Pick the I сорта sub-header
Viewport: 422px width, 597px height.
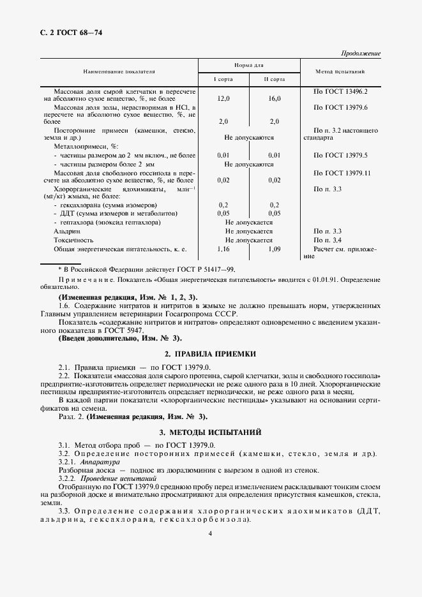pyautogui.click(x=223, y=79)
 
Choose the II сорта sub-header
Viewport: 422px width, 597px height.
pyautogui.click(x=275, y=79)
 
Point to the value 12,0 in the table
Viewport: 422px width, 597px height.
pyautogui.click(x=223, y=99)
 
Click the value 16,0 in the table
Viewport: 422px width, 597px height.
pyautogui.click(x=275, y=99)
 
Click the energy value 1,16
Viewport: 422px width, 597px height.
pyautogui.click(x=223, y=248)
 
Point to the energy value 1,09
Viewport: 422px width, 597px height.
pyautogui.click(x=275, y=248)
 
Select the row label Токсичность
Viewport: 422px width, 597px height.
pyautogui.click(x=73, y=239)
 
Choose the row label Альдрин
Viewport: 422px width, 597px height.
pyautogui.click(x=68, y=231)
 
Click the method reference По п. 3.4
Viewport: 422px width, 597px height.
pyautogui.click(x=329, y=239)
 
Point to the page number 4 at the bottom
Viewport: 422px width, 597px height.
pyautogui.click(x=210, y=533)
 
